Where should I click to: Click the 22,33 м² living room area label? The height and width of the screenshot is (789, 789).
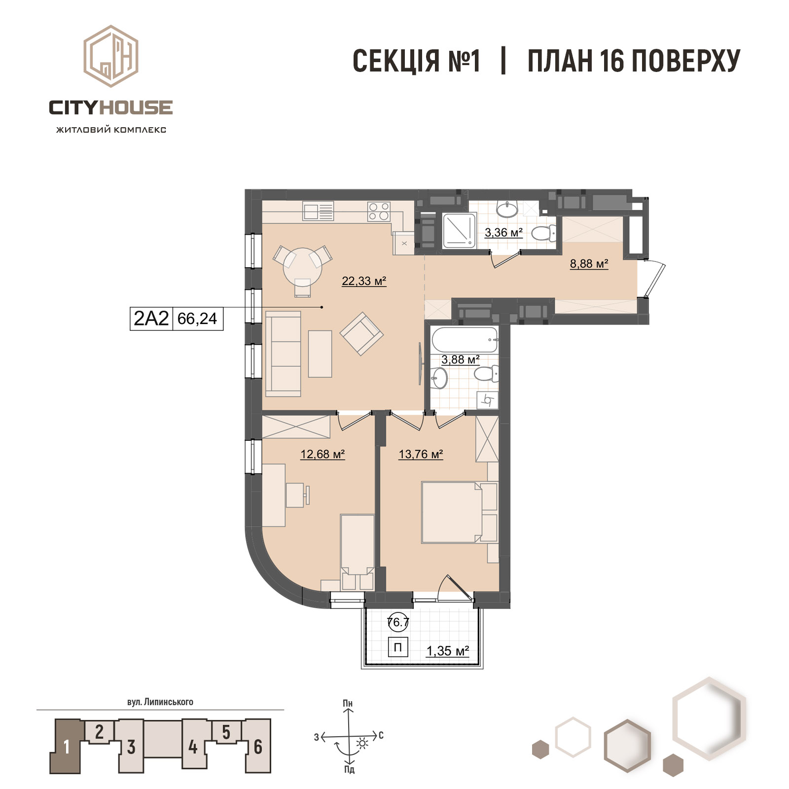(x=364, y=281)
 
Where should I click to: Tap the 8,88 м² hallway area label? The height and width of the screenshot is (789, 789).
(x=589, y=264)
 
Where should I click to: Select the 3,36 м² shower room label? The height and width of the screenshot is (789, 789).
(x=503, y=232)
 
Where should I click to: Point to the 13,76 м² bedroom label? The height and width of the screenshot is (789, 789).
(x=421, y=454)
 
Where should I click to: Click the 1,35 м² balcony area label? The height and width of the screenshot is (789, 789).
(x=447, y=651)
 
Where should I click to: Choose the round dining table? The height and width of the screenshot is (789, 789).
(x=302, y=264)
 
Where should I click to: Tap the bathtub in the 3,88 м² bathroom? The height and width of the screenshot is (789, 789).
(x=465, y=339)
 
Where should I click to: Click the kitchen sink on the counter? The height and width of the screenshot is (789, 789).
(x=319, y=212)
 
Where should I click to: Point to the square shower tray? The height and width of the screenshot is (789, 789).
(x=460, y=230)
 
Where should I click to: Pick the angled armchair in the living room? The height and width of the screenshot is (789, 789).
(x=361, y=333)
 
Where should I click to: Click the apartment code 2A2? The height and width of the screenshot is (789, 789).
(x=151, y=319)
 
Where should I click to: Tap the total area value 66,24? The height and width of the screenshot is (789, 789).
(x=197, y=319)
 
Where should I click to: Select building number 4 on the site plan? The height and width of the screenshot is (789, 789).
(x=193, y=747)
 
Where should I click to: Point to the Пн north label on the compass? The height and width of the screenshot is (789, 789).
(x=348, y=703)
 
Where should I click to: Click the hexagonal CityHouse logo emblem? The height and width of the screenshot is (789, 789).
(x=110, y=56)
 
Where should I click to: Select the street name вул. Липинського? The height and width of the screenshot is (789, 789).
(x=160, y=702)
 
